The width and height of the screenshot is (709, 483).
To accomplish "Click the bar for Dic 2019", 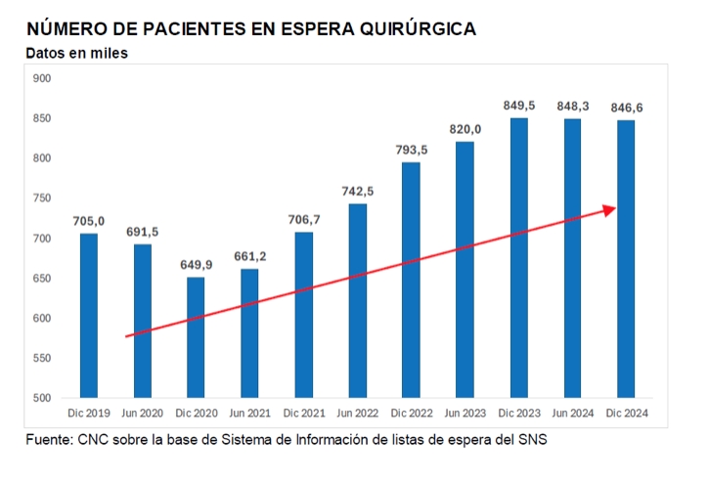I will click(88, 315).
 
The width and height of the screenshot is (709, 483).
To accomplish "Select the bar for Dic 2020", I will click(196, 337).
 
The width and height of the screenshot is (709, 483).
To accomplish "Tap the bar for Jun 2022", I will click(357, 301).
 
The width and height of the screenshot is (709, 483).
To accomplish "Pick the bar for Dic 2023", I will click(518, 258).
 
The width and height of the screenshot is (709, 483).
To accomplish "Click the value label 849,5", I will click(518, 105).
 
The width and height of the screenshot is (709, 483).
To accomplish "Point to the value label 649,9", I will click(196, 264).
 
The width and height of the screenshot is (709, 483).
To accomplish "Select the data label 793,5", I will click(411, 149).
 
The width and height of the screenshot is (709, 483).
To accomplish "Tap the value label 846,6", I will click(626, 107).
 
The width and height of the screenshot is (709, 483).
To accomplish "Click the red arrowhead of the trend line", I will click(610, 209).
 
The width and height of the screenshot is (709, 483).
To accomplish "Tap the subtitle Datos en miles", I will click(76, 53).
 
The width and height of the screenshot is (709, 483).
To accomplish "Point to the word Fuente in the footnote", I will click(48, 440).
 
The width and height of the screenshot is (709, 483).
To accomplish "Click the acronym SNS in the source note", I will click(532, 440).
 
